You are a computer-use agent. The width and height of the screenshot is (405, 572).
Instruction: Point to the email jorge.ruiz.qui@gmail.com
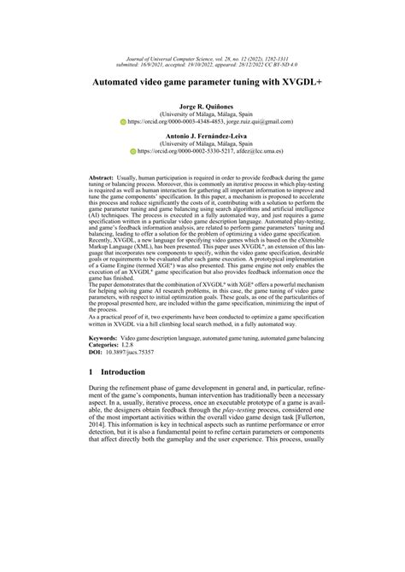pyautogui.click(x=243, y=121)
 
